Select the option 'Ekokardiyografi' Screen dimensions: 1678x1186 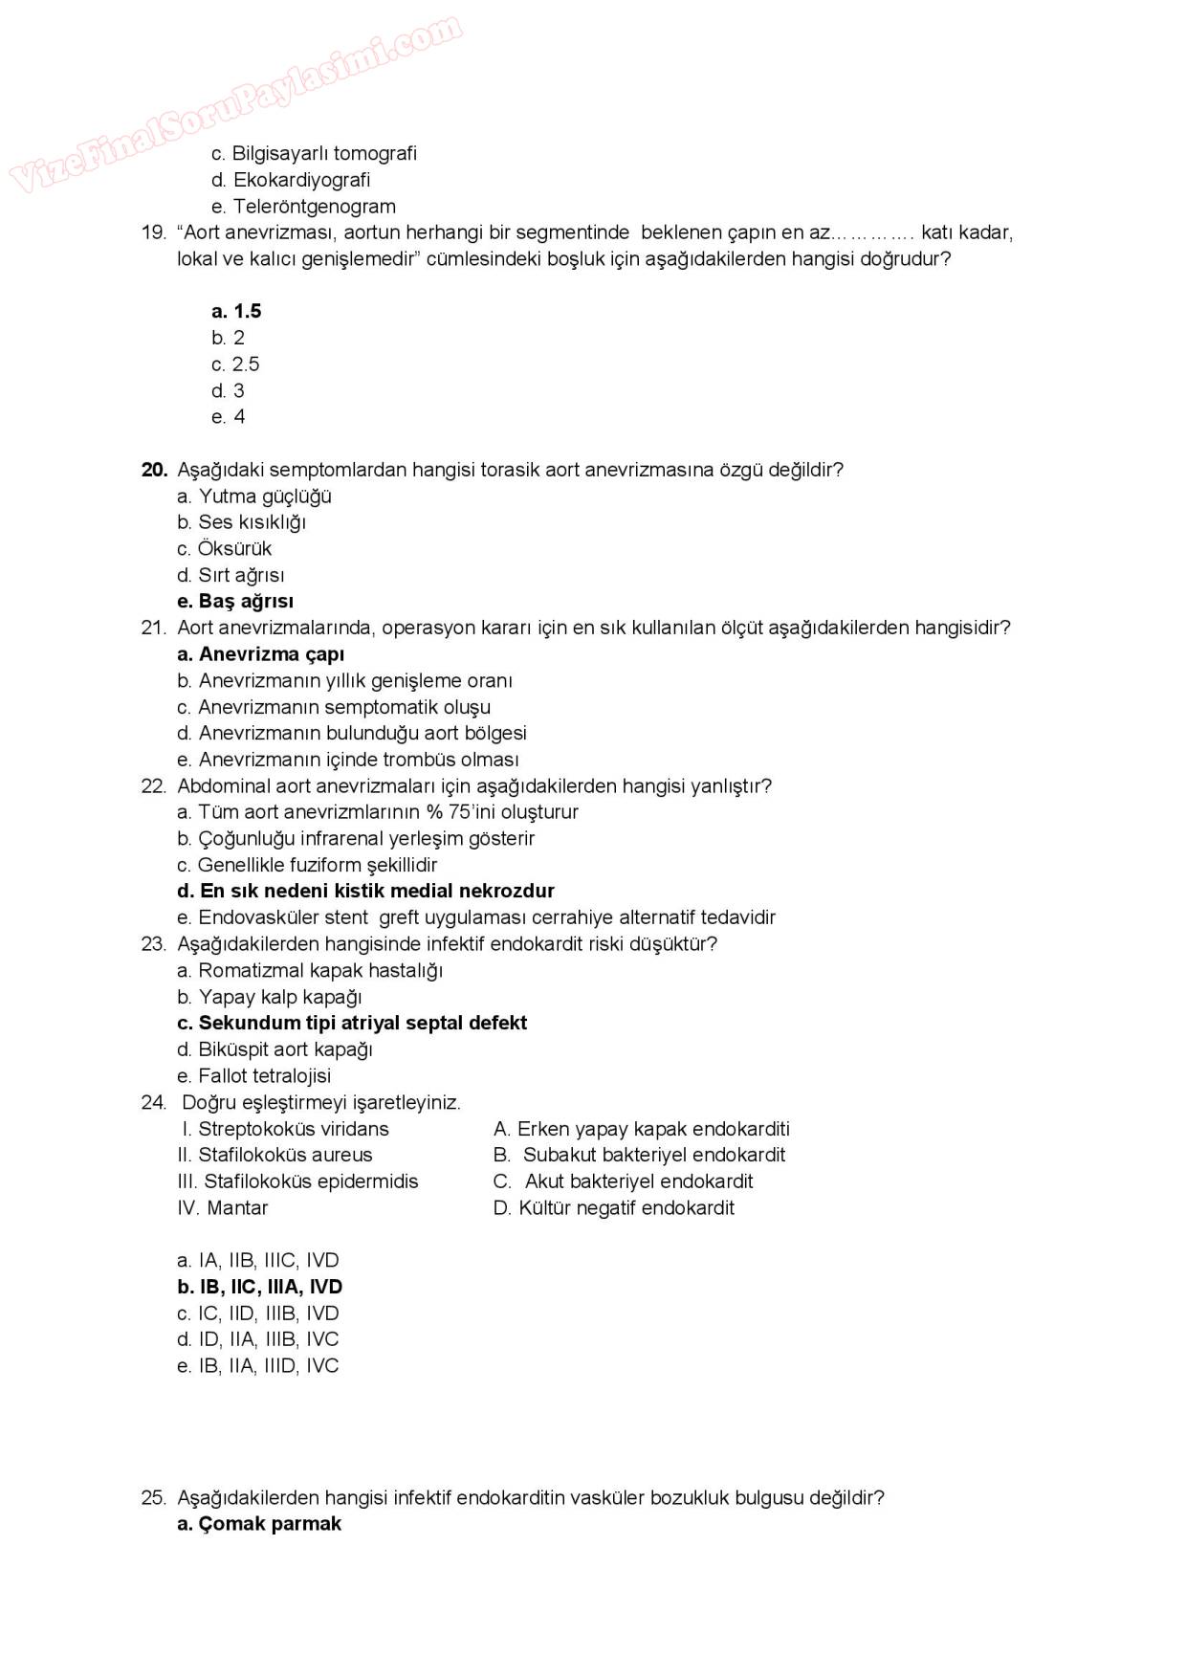click(291, 180)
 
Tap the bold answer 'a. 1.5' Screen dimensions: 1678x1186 click(236, 311)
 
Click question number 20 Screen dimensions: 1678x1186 click(154, 470)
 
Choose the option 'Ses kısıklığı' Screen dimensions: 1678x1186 click(242, 522)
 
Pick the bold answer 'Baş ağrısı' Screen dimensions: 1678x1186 click(235, 602)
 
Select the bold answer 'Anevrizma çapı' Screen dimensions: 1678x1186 click(260, 654)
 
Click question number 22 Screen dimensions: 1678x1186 click(154, 786)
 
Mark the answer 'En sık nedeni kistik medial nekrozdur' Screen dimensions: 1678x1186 click(365, 891)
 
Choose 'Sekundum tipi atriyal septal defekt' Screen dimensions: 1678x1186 click(352, 1023)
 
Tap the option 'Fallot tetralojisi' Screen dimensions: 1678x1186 click(254, 1075)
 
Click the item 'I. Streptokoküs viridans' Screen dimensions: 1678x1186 click(285, 1129)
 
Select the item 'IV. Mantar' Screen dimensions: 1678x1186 click(223, 1207)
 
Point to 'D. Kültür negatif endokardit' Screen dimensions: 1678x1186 click(614, 1207)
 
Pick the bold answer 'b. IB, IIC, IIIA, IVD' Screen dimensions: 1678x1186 click(259, 1287)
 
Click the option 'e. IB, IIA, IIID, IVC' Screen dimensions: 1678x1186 click(258, 1366)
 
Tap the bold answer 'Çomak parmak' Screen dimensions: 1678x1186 click(259, 1524)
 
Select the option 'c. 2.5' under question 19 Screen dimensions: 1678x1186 click(235, 364)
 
